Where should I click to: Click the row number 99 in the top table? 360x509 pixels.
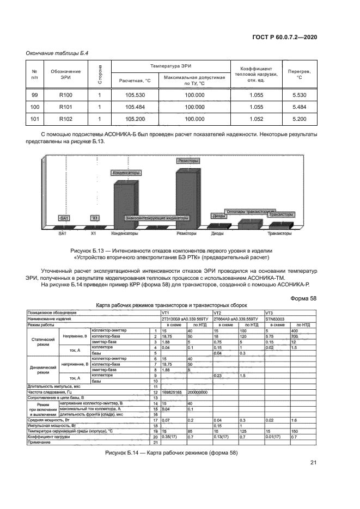pos(35,95)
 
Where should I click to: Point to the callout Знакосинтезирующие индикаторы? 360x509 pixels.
pos(157,218)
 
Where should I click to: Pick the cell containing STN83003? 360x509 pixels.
pos(275,318)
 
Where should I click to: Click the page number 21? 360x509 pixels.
pos(313,478)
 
